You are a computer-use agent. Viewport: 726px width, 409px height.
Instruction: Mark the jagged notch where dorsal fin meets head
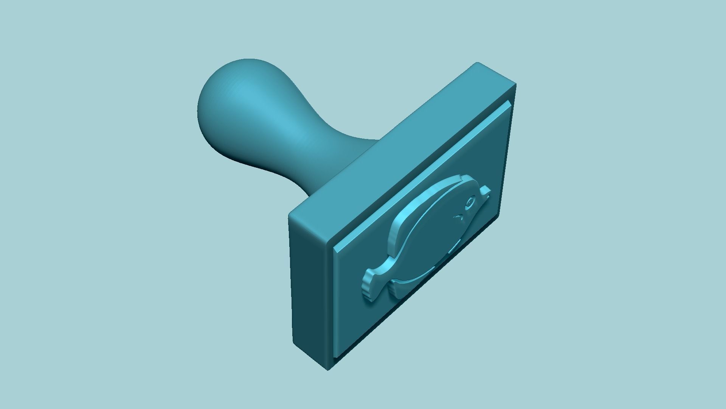pyautogui.click(x=461, y=177)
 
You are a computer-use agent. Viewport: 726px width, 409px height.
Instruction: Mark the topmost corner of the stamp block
pyautogui.click(x=477, y=63)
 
